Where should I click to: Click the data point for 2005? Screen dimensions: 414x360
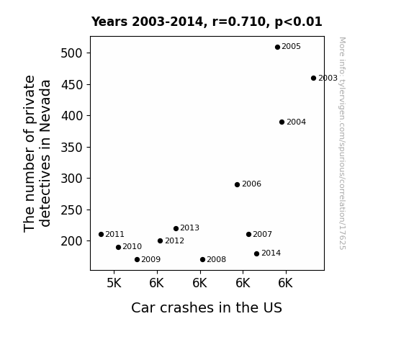[x=277, y=48]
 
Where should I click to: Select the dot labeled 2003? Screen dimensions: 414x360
[x=313, y=78]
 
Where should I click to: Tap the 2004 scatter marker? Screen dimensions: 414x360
[x=282, y=122]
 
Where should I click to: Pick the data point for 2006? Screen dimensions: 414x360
[x=237, y=184]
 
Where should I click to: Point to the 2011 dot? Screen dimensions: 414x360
[x=101, y=234]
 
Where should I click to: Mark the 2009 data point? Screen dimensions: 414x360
[x=137, y=260]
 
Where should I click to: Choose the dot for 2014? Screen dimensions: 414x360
[x=256, y=254]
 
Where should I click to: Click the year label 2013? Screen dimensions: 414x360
[x=189, y=228]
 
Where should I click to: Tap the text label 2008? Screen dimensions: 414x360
[x=216, y=259]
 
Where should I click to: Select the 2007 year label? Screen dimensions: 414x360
[x=263, y=234]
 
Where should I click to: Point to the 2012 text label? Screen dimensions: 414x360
[x=174, y=241]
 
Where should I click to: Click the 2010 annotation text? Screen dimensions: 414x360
[x=132, y=246]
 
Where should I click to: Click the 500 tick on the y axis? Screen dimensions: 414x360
[x=71, y=53]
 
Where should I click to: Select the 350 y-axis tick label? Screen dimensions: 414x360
[x=71, y=148]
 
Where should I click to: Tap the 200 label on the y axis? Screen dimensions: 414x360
[x=71, y=241]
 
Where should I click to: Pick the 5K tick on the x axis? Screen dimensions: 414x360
[x=114, y=283]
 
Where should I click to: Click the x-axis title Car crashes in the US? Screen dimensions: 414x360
[x=207, y=307]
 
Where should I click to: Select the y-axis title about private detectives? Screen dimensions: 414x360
[x=37, y=153]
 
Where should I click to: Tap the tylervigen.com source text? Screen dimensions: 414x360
[x=342, y=143]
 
